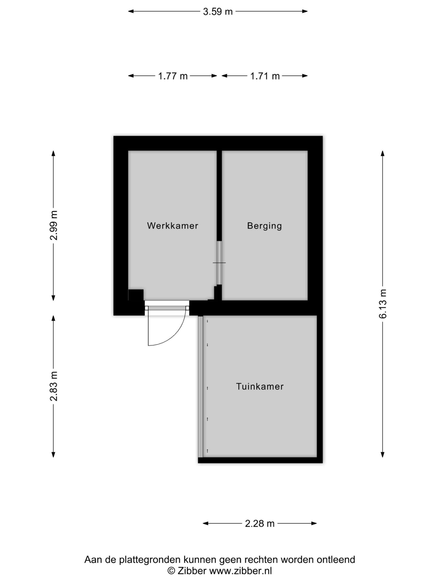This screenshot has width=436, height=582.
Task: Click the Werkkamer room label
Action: coord(172,226)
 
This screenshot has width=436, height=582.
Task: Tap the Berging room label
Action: coord(264,226)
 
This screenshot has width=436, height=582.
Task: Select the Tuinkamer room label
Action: coord(260,386)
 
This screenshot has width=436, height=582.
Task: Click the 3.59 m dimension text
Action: coord(218,12)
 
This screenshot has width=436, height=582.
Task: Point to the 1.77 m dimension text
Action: coord(173,76)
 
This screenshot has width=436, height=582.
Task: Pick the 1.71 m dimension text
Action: coord(265,76)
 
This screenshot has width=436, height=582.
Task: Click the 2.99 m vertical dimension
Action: coord(54,226)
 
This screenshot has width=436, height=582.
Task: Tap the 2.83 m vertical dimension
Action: coord(54,386)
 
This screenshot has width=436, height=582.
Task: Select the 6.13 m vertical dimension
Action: coord(383,304)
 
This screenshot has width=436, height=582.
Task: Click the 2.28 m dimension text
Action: coord(260,524)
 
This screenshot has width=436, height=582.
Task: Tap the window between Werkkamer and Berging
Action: coord(219,263)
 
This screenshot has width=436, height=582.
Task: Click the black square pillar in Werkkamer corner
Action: coord(136,295)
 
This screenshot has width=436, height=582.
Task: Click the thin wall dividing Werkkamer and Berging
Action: coord(219,196)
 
